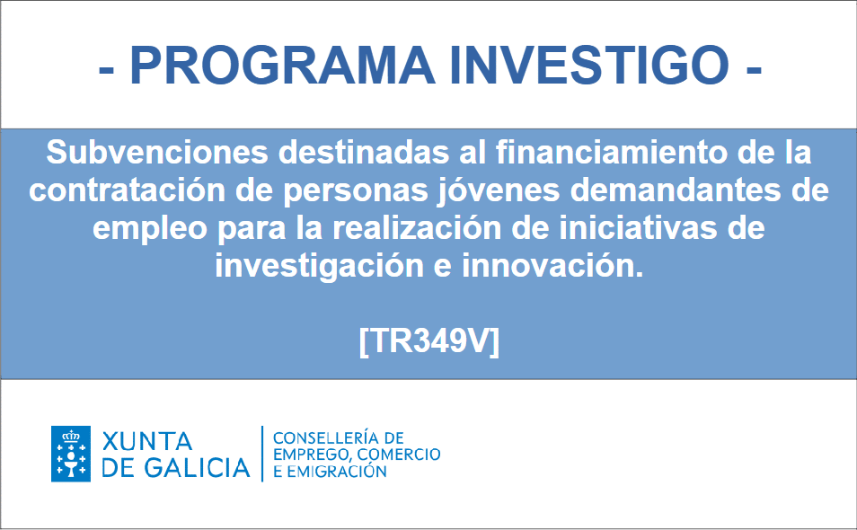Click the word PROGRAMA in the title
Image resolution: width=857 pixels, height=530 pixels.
(282, 66)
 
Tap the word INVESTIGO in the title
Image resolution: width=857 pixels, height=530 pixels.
(589, 66)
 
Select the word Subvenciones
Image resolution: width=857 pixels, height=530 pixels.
(157, 152)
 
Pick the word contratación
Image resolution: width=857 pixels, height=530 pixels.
(127, 190)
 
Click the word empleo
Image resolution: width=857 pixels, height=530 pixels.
(150, 229)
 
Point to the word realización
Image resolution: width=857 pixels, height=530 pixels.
(417, 228)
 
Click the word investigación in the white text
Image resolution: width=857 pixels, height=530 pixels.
(319, 267)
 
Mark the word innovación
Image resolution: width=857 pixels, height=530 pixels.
(552, 266)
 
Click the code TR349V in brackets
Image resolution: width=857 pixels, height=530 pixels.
(429, 341)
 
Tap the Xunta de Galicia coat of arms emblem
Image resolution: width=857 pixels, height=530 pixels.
(71, 454)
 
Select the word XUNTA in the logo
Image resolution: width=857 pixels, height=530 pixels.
(147, 441)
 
